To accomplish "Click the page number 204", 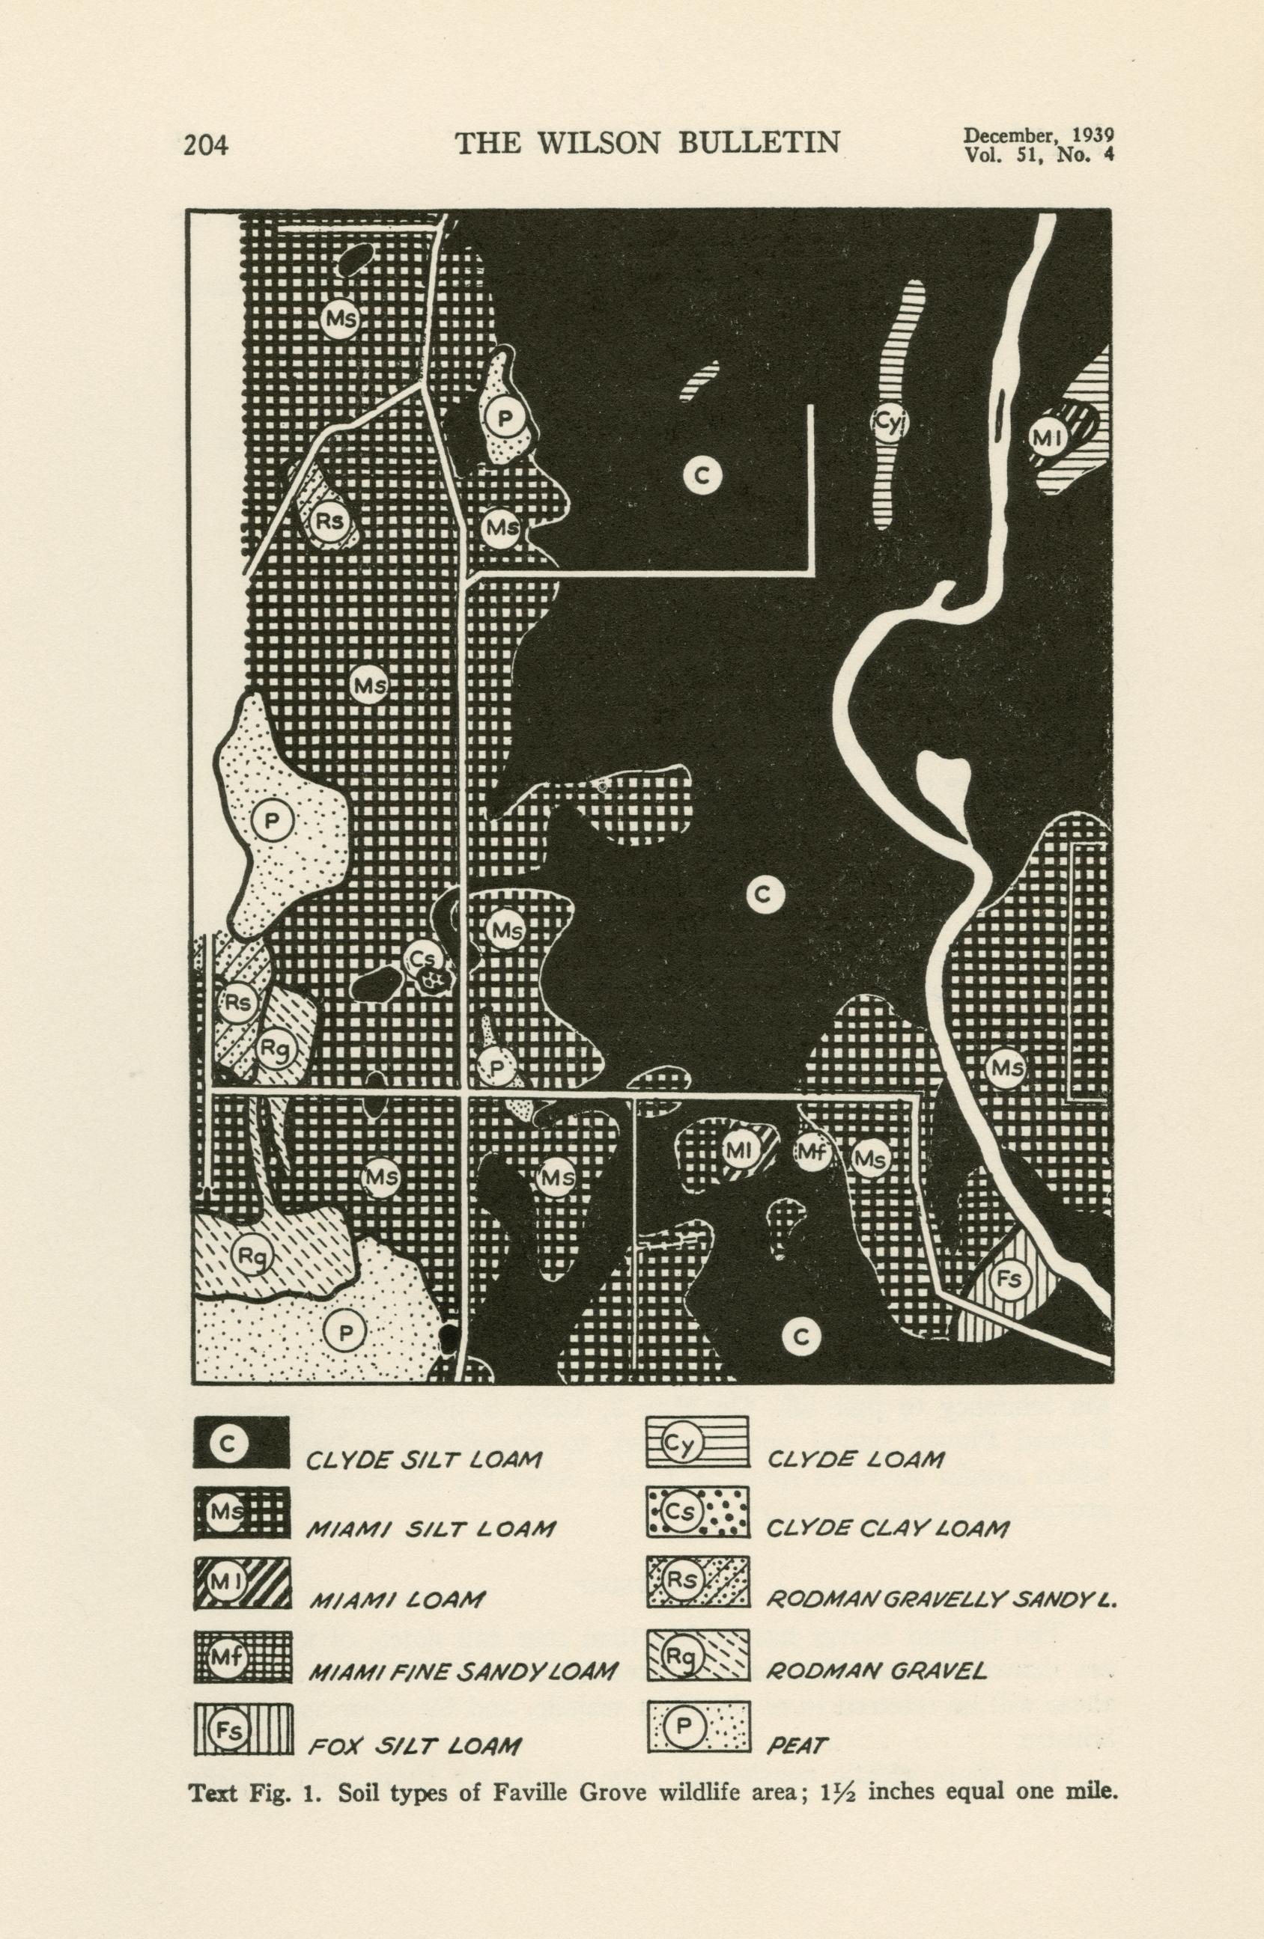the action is click(x=205, y=146).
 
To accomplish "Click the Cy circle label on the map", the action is click(x=889, y=422).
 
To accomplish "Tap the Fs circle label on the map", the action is click(x=1009, y=1278).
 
